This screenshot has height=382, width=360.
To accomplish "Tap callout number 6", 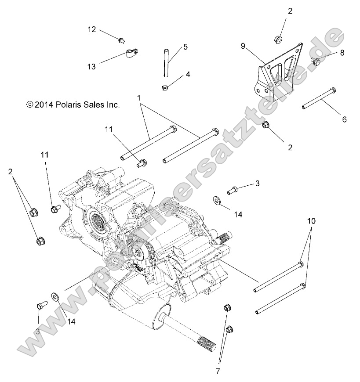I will coord(344,119).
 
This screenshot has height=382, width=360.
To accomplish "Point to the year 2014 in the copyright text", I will coord(44,105).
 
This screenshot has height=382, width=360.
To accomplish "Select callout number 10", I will coord(311,221).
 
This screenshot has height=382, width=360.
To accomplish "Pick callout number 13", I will coord(91,66).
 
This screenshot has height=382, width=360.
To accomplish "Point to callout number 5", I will coord(185,47).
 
